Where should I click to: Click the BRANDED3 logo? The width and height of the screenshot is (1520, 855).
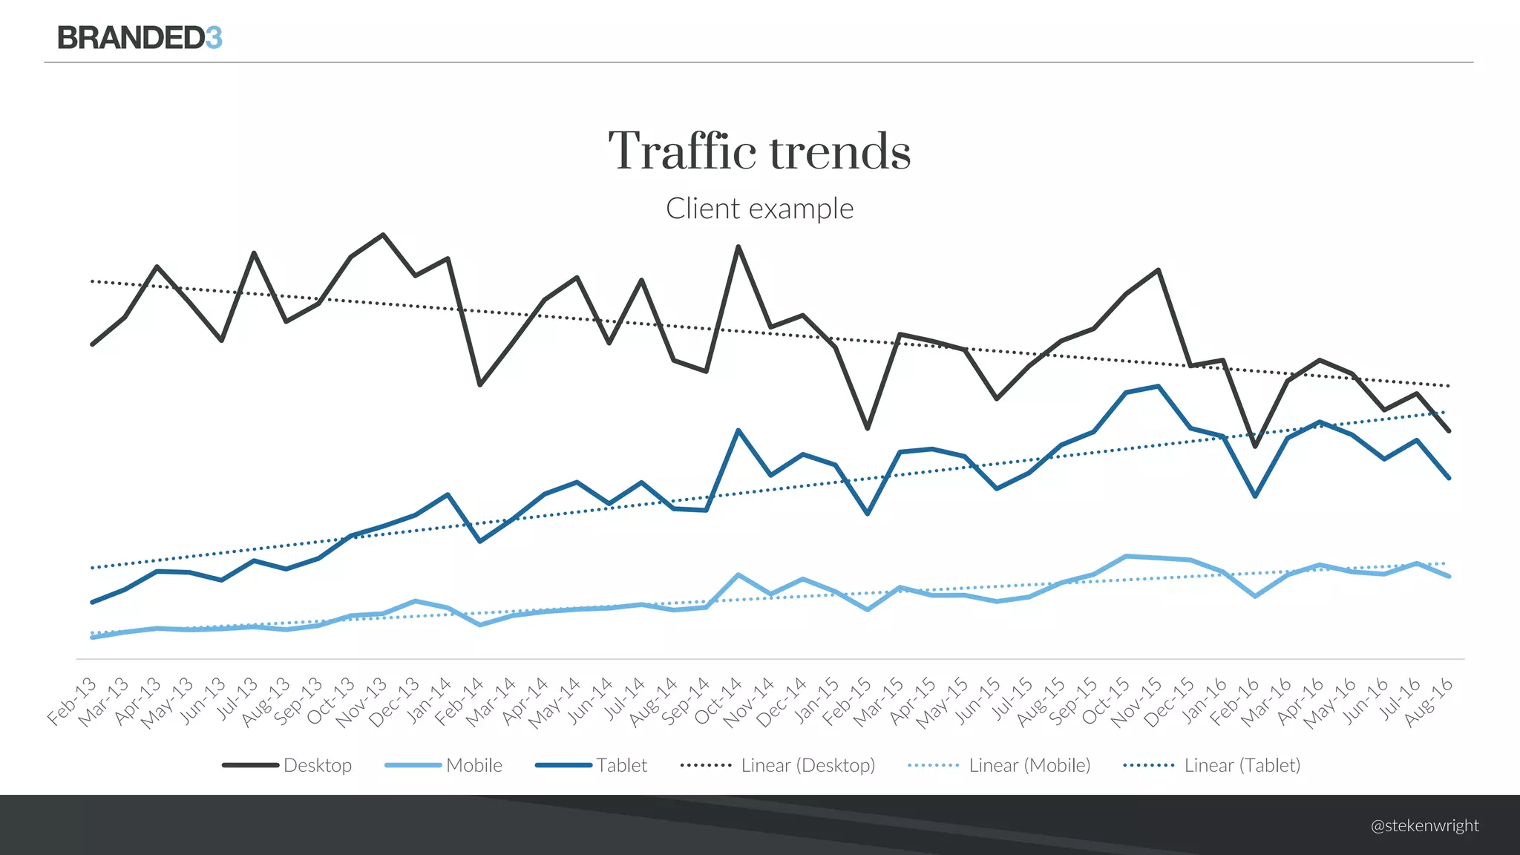pos(140,37)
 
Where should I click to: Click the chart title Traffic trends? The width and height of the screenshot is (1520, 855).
pos(759,151)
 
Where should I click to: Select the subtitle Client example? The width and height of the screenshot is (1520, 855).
pos(759,209)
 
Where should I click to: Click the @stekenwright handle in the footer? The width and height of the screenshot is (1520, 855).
pos(1424,825)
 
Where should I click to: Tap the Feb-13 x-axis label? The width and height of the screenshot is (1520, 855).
pos(72,701)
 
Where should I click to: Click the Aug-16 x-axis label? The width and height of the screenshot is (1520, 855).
pos(1429,701)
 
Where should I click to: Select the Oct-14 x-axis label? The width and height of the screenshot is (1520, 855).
pos(718,701)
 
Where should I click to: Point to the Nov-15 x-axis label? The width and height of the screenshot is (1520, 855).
pos(1138,701)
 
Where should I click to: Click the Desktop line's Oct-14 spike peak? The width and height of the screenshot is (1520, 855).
pos(738,246)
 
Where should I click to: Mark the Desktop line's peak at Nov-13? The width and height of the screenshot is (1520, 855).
pos(383,235)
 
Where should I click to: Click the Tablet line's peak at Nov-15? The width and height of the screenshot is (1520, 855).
pos(1159,386)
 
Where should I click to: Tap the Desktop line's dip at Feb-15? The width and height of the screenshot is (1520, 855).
pos(868,428)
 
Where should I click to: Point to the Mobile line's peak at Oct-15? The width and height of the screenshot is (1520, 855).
pos(1127,556)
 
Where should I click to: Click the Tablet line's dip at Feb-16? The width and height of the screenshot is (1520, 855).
pos(1255,496)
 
